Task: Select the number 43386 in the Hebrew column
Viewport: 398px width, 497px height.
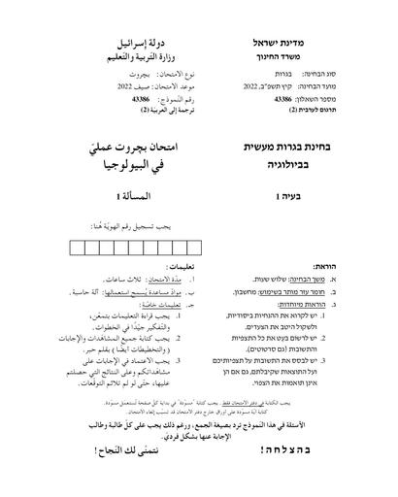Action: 282,98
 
